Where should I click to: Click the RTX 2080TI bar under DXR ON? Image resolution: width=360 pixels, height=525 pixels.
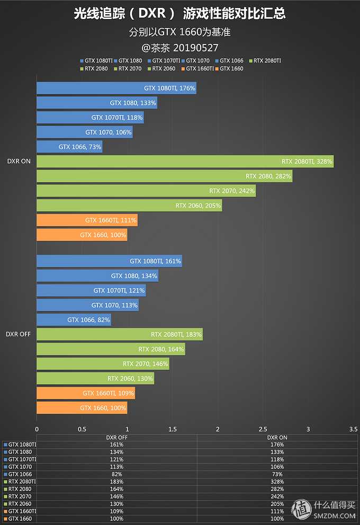[185, 162]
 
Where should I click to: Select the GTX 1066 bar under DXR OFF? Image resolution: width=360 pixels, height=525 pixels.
[74, 320]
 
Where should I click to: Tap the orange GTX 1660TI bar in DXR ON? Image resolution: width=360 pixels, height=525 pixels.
[87, 220]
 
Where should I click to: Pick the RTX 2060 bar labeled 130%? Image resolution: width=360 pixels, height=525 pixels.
[95, 378]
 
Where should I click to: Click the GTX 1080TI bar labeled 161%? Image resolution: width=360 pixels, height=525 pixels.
[109, 261]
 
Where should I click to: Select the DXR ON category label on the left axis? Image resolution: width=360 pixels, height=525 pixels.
[19, 162]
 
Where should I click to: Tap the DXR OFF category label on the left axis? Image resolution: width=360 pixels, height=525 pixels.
[19, 334]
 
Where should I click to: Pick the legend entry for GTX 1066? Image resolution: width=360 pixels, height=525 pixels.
[231, 61]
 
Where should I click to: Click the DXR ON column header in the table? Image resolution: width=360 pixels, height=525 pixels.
[276, 438]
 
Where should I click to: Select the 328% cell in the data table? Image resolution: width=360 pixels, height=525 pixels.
[276, 482]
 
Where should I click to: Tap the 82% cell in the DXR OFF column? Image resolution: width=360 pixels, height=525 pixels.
[117, 474]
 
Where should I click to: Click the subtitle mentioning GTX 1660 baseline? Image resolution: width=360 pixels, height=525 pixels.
[180, 32]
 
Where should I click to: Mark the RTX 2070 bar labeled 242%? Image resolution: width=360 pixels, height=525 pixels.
[146, 191]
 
